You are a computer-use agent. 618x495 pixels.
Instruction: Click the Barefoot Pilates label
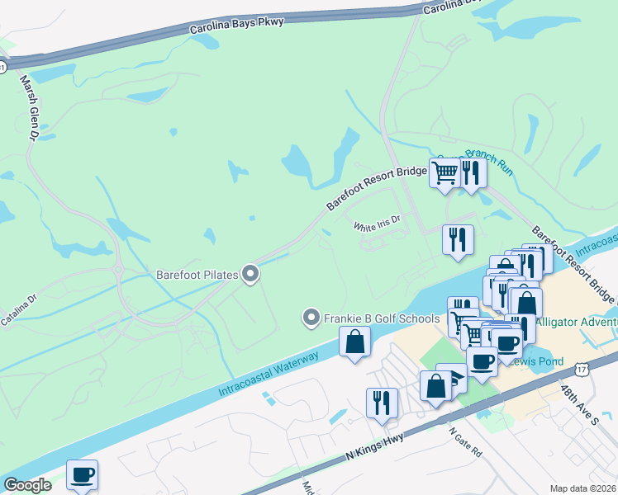[197, 274]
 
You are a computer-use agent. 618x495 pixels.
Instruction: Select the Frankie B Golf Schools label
[381, 318]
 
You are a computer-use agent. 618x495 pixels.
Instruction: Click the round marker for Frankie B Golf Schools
[311, 318]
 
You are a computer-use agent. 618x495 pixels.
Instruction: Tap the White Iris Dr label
[377, 222]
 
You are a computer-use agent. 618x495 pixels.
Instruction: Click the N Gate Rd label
[464, 442]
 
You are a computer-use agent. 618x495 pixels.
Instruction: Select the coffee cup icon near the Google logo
[83, 474]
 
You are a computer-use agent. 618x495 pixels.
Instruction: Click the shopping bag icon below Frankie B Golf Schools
[354, 342]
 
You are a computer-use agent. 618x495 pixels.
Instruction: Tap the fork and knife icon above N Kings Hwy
[382, 403]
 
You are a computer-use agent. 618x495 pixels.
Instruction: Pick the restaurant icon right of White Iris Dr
[458, 239]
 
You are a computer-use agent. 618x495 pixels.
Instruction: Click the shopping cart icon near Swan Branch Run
[444, 172]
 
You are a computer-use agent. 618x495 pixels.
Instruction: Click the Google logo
[28, 484]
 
